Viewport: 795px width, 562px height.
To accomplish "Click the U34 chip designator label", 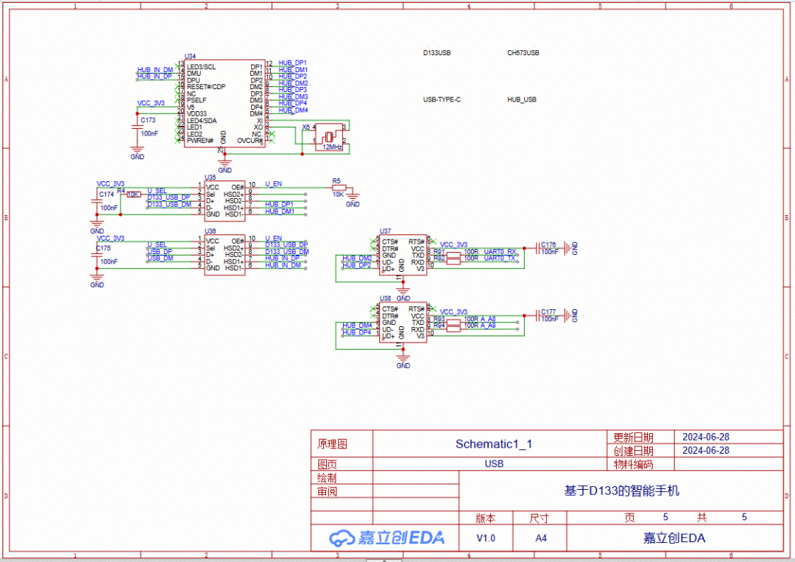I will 190,57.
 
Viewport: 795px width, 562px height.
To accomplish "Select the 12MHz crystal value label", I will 332,147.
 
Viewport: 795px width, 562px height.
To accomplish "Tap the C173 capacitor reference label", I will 148,120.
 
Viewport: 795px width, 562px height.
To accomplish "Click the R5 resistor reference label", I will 336,180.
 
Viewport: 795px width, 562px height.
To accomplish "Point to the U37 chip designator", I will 385,231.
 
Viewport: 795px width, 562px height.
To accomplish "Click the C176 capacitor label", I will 548,244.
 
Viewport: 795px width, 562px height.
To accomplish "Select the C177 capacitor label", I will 548,312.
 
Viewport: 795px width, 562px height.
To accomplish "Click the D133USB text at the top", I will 437,53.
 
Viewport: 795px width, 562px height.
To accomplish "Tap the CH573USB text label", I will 523,53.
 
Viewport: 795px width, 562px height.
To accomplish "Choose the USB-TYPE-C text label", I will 442,99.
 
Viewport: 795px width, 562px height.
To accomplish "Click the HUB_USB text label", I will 522,99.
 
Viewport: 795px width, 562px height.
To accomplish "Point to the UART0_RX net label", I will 500,251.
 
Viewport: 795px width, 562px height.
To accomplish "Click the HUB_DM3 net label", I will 293,96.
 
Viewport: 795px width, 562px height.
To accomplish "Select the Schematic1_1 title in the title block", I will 493,443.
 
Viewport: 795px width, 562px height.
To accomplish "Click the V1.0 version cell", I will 486,538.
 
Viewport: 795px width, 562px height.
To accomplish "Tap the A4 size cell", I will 541,538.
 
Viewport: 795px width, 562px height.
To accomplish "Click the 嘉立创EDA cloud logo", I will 386,538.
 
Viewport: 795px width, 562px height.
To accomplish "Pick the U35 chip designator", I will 210,178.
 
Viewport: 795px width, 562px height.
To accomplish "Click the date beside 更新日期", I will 706,437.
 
